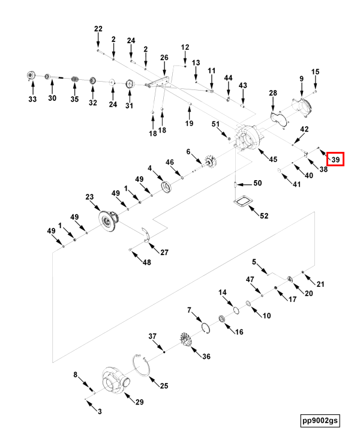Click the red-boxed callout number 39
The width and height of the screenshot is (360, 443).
[335, 160]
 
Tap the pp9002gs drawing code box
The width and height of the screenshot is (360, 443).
[320, 420]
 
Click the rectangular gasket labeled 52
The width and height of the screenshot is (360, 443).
[242, 202]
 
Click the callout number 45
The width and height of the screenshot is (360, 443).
[273, 159]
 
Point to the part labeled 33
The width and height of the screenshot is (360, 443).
[31, 76]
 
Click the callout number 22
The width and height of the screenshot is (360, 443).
[98, 29]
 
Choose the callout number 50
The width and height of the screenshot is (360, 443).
[257, 183]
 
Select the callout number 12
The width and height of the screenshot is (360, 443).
[185, 47]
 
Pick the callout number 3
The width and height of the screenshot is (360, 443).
[100, 411]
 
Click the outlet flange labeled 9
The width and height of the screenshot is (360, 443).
[303, 107]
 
